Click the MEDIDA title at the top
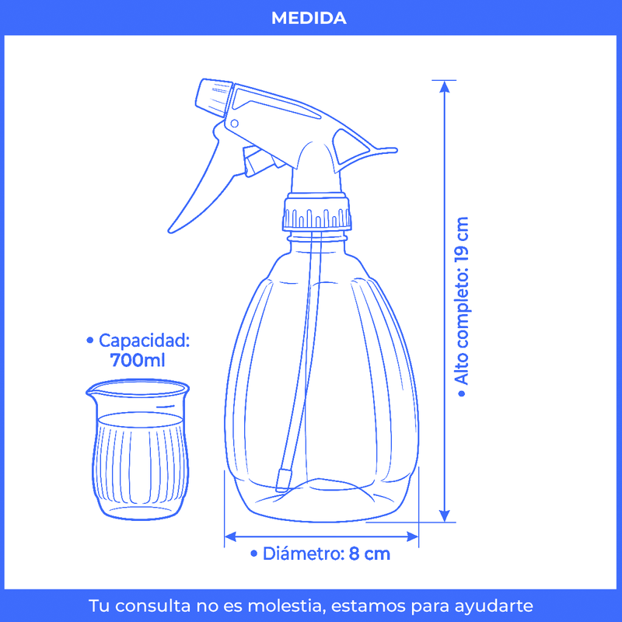tap(309, 18)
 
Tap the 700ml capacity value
tap(138, 360)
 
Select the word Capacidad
tap(144, 341)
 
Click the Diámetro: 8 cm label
tap(320, 554)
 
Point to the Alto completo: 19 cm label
tap(462, 306)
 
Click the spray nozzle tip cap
tap(213, 98)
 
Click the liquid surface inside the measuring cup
tap(140, 419)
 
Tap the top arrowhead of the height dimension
tap(445, 86)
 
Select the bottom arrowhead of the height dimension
tap(445, 515)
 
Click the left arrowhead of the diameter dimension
tap(230, 536)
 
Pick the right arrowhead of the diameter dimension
tap(413, 536)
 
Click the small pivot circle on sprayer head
tap(235, 124)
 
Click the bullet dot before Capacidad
tap(90, 341)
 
